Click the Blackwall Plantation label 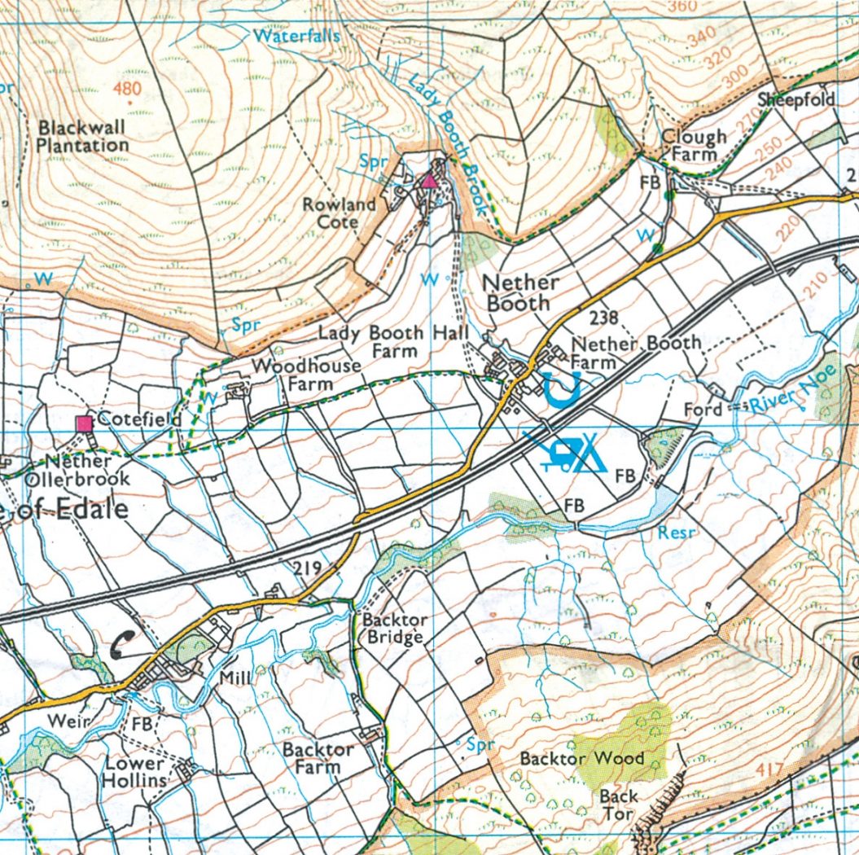[83, 136]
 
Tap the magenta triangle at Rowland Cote [429, 181]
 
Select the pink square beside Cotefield [83, 423]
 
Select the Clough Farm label [694, 145]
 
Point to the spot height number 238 [606, 318]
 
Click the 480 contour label [128, 89]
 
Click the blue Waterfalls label [296, 36]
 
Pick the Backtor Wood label [581, 758]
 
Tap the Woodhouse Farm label [306, 374]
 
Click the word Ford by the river [703, 408]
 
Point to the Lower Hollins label [134, 772]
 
